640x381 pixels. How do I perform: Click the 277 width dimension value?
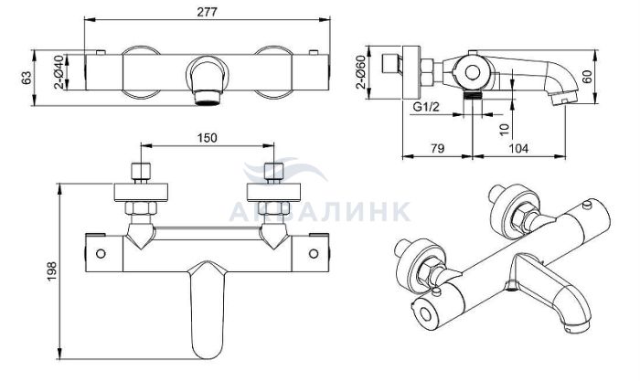click(x=208, y=12)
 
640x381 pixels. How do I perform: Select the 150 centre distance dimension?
click(x=208, y=138)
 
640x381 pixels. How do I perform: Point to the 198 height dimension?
click(x=52, y=271)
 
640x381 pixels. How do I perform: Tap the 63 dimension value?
click(x=27, y=78)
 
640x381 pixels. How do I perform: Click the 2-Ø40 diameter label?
click(x=59, y=72)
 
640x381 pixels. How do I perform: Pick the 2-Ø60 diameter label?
click(x=360, y=72)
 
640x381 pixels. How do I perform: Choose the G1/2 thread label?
click(x=426, y=107)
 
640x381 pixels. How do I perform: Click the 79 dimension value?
click(x=437, y=148)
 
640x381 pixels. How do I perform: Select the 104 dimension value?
click(x=518, y=148)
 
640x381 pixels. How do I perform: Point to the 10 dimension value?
click(x=505, y=130)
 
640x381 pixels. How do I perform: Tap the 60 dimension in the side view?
click(x=587, y=76)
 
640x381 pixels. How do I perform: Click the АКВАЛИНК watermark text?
click(x=320, y=211)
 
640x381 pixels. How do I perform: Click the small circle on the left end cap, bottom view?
click(x=101, y=254)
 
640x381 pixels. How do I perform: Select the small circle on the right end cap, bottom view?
click(x=314, y=254)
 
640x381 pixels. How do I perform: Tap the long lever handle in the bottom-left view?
click(x=208, y=309)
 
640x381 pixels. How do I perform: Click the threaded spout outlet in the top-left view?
click(x=208, y=98)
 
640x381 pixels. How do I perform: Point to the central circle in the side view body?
click(x=473, y=73)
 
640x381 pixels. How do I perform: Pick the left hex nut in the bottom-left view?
click(x=141, y=208)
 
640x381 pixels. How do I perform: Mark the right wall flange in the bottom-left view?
click(x=274, y=193)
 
